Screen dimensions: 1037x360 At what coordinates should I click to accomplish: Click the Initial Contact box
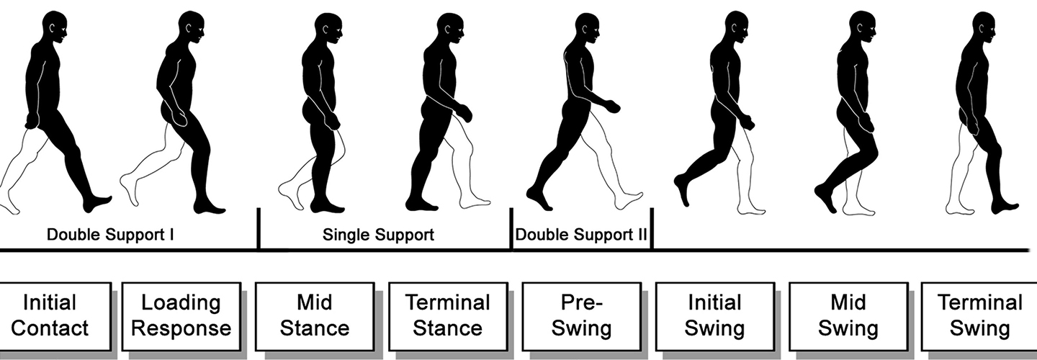(x=55, y=316)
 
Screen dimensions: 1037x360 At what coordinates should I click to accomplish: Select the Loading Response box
(x=181, y=316)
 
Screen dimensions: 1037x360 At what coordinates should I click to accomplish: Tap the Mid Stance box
(x=315, y=316)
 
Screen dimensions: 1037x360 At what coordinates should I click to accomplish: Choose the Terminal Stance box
(x=448, y=316)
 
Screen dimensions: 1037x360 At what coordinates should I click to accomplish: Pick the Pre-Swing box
(x=581, y=316)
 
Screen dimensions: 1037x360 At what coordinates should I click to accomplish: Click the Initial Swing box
(x=715, y=316)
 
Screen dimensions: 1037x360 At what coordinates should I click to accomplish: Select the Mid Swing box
(x=848, y=316)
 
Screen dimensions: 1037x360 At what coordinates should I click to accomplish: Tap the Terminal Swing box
(x=979, y=316)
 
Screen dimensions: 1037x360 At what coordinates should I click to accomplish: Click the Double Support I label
(x=110, y=235)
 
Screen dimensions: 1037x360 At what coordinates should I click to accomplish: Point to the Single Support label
(x=378, y=235)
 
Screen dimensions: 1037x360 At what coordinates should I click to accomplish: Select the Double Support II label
(x=581, y=235)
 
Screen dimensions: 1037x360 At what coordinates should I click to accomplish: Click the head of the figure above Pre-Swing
(x=587, y=29)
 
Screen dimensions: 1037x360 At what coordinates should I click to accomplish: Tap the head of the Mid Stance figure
(x=328, y=29)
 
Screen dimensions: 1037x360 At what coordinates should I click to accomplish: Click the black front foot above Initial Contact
(x=96, y=204)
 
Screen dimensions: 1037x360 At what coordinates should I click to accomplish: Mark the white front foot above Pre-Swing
(x=629, y=200)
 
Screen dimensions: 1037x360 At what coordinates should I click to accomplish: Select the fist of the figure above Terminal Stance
(x=464, y=113)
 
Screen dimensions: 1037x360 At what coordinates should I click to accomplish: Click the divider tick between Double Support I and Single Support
(x=259, y=229)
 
